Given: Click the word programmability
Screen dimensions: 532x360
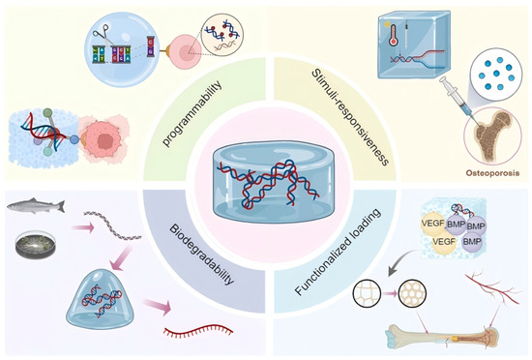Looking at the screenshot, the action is (192, 113).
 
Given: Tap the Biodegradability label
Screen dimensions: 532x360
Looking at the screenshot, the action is (201, 255).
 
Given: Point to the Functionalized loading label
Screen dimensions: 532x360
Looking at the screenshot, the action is (338, 252).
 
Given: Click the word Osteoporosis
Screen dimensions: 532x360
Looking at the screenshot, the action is (492, 173).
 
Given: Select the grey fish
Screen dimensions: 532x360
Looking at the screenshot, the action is (36, 205).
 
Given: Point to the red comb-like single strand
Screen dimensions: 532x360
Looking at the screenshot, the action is (198, 331).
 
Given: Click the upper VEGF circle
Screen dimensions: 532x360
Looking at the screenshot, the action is (433, 224).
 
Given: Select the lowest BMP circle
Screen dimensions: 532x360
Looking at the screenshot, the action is (473, 242).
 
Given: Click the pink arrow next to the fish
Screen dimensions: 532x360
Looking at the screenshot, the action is (83, 228).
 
